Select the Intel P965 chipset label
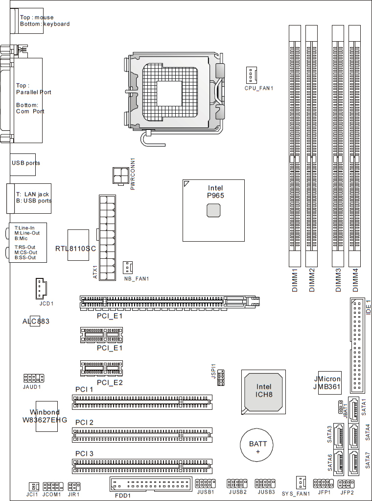point(215,192)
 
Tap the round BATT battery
point(257,445)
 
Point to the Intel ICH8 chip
point(263,392)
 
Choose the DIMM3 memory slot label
point(338,280)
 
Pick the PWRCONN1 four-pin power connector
point(120,175)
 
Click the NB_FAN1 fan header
point(128,268)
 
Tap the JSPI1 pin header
point(221,377)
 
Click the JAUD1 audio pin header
point(33,378)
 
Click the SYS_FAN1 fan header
point(301,483)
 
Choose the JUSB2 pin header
point(237,483)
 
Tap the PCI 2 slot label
point(84,423)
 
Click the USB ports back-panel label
point(26,163)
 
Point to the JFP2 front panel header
point(346,483)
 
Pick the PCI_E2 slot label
point(110,382)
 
